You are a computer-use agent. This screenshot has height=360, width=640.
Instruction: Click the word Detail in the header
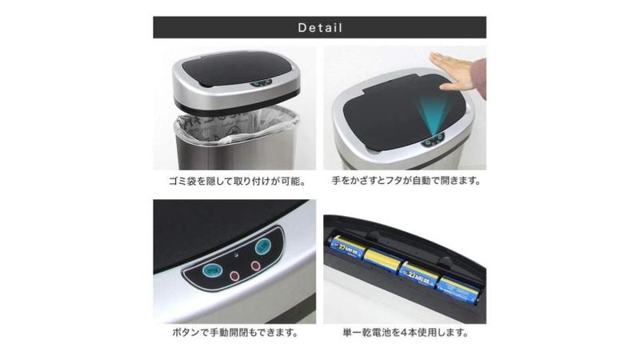pos(319,28)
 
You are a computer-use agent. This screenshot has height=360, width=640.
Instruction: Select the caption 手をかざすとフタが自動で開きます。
pos(406,181)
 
